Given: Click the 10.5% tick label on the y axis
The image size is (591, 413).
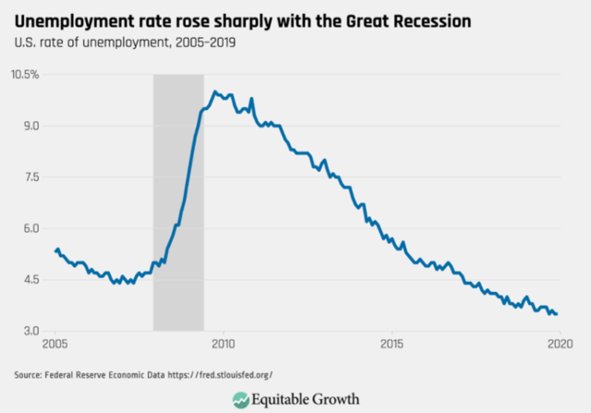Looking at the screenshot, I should (x=24, y=74).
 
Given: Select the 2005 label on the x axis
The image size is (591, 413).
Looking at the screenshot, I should (x=54, y=345).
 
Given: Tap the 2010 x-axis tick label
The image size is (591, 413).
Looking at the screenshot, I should (x=223, y=345).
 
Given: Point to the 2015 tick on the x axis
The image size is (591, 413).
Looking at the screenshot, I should (x=392, y=345).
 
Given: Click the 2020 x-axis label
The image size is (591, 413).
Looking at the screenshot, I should (x=560, y=345).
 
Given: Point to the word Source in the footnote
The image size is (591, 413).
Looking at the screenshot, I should (x=28, y=375).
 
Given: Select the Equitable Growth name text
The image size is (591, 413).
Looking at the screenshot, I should (x=309, y=398).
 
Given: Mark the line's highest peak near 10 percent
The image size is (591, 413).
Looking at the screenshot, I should (x=215, y=91).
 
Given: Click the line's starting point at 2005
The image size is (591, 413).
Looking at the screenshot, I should (x=56, y=249).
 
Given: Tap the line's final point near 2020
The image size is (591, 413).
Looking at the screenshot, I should (x=557, y=314).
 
